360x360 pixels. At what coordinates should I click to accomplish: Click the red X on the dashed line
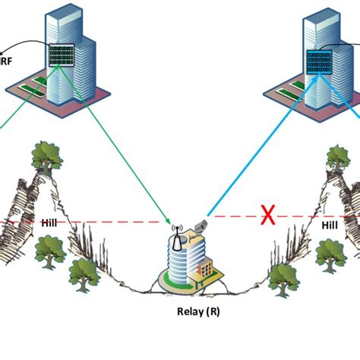point(267,216)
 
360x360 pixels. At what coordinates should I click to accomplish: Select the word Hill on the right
point(329,225)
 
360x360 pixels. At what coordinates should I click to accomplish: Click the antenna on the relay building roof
point(175,231)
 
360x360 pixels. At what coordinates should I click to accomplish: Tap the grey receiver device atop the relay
point(199,226)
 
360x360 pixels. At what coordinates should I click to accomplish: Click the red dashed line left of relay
point(114,223)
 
